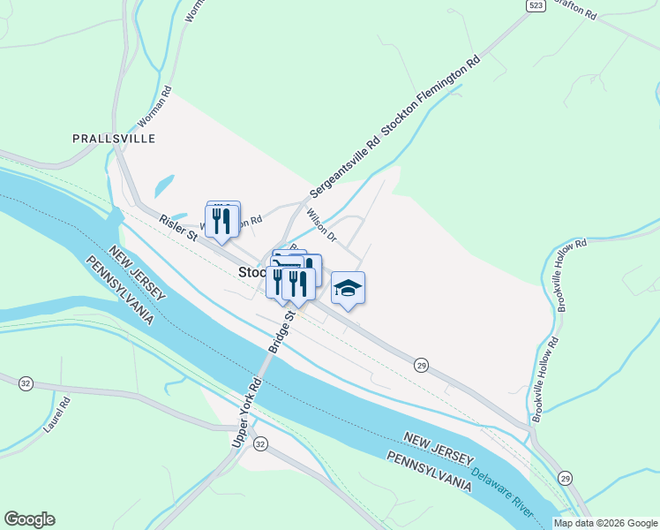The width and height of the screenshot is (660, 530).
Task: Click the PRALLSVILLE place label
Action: point(114,139)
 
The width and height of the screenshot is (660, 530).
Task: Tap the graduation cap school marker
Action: point(349,289)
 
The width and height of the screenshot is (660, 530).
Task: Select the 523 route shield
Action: point(535,5)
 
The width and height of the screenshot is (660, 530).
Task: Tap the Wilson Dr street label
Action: point(321,225)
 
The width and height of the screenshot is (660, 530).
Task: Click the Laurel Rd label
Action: point(56,415)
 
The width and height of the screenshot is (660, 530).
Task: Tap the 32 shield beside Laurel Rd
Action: point(26,382)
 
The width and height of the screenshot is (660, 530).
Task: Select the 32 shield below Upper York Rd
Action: point(259,443)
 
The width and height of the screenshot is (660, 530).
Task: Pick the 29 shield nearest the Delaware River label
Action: point(566,478)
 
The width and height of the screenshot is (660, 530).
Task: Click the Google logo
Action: point(29,519)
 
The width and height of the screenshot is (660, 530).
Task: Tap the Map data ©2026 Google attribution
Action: point(605,523)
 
